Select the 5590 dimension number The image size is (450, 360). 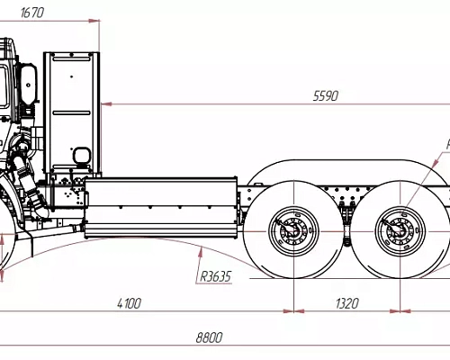[x=325, y=95]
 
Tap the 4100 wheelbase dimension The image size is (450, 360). [x=128, y=303]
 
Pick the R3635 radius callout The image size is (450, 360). [x=215, y=276]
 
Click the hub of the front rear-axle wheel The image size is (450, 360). [x=292, y=230]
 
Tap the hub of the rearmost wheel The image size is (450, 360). [x=398, y=230]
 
